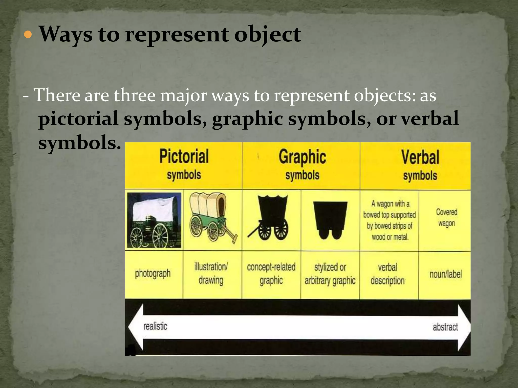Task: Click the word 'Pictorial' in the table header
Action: tap(184, 157)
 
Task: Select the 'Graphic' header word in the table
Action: tap(302, 157)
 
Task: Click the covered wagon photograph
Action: tap(154, 220)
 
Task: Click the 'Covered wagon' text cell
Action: tap(446, 217)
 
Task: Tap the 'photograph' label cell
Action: tap(153, 274)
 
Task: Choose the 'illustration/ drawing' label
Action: tap(211, 274)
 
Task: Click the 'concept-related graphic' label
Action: tap(271, 274)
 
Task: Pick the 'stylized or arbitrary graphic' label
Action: tap(330, 274)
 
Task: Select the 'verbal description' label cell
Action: tap(387, 274)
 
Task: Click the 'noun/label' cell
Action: tap(446, 274)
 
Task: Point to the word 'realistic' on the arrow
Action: tap(155, 326)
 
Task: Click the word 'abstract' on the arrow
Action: tap(445, 327)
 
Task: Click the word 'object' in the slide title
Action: tap(268, 35)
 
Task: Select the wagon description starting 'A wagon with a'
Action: tap(390, 220)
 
